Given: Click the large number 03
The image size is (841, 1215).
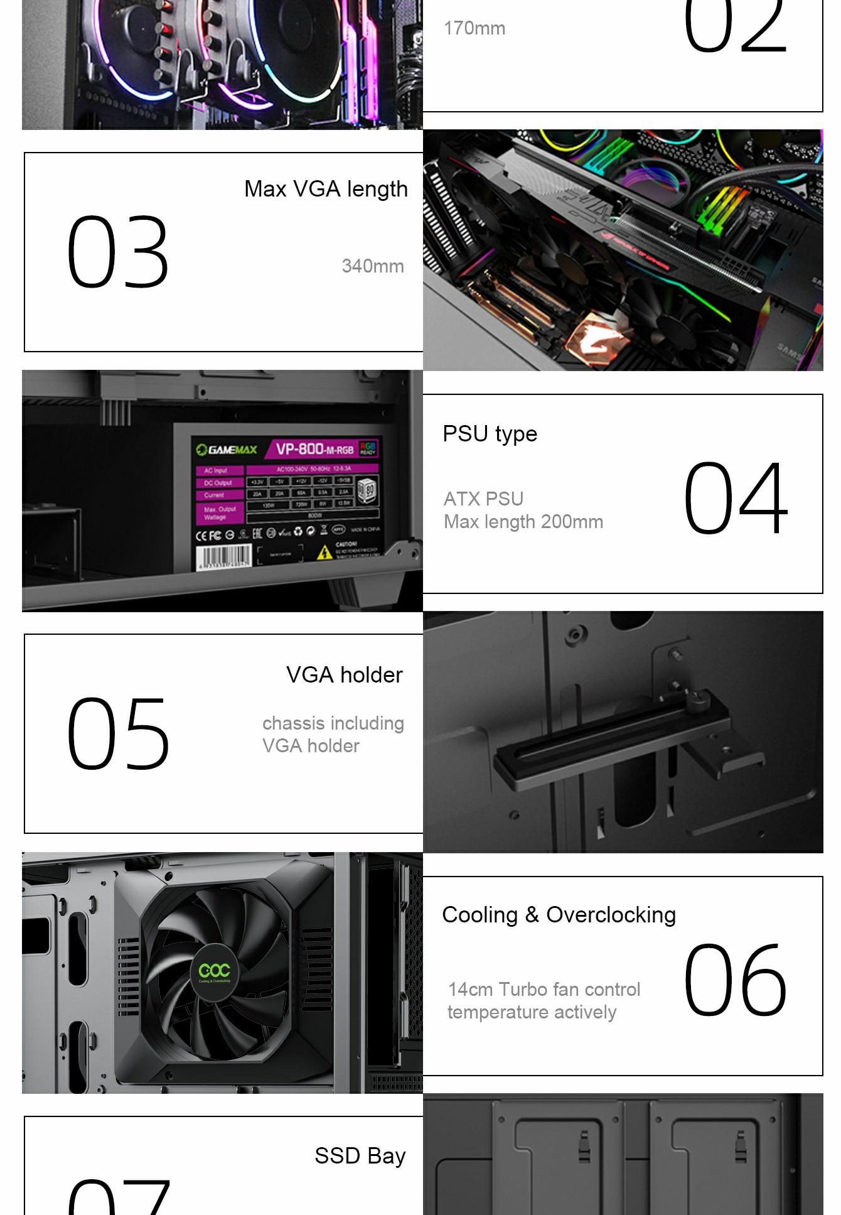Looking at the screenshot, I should tap(118, 252).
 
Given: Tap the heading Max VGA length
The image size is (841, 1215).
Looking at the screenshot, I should tap(326, 189).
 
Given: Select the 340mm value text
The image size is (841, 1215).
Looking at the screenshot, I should tap(372, 266).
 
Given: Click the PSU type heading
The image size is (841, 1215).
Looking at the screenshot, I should tap(490, 434).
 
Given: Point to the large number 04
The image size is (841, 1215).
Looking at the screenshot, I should tap(735, 497).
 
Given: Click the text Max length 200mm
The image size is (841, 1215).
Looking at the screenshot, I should tap(523, 522).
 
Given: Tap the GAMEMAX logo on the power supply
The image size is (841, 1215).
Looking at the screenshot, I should tap(227, 450).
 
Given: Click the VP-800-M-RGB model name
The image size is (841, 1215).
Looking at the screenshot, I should tap(315, 449).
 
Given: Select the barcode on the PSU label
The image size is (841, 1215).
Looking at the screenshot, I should tap(223, 556).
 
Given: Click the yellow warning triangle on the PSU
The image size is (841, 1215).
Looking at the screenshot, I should tap(324, 553).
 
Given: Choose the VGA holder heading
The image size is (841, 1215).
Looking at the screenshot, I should tap(344, 675).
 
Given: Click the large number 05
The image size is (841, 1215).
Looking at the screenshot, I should tap(118, 733).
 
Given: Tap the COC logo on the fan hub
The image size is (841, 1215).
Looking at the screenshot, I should tap(214, 971).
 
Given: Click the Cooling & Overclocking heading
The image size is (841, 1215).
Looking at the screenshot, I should tap(559, 915).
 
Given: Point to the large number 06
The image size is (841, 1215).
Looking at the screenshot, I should tap(735, 980).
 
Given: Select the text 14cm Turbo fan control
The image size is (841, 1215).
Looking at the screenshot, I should tap(544, 990).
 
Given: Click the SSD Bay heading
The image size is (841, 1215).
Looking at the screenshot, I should tap(360, 1156).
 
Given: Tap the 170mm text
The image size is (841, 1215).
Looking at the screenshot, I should tap(474, 28).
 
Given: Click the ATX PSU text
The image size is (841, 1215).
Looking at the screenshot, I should tap(483, 499).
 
